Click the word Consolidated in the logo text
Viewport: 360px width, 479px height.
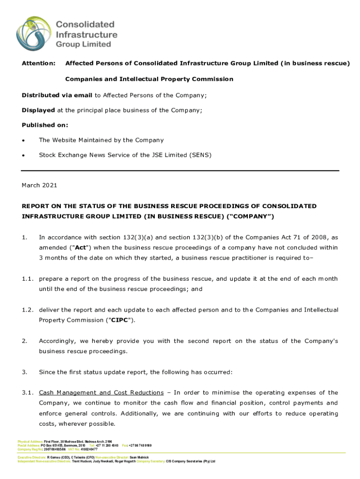click(x=86, y=24)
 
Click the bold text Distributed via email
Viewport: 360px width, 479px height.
click(x=57, y=95)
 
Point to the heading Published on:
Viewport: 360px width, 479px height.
click(x=45, y=125)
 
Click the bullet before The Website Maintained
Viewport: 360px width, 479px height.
click(x=24, y=140)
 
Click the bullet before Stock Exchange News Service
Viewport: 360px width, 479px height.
click(x=24, y=155)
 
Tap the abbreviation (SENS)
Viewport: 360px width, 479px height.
click(x=200, y=155)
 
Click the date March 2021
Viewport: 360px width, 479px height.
click(x=39, y=186)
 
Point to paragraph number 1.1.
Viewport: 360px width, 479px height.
click(x=28, y=279)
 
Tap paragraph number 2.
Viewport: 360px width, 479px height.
click(x=24, y=341)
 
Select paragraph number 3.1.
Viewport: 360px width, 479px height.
click(x=28, y=392)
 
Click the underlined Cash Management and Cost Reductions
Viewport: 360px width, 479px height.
click(x=101, y=392)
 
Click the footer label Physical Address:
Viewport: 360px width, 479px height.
click(x=30, y=441)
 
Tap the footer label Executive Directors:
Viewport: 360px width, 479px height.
click(x=32, y=457)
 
